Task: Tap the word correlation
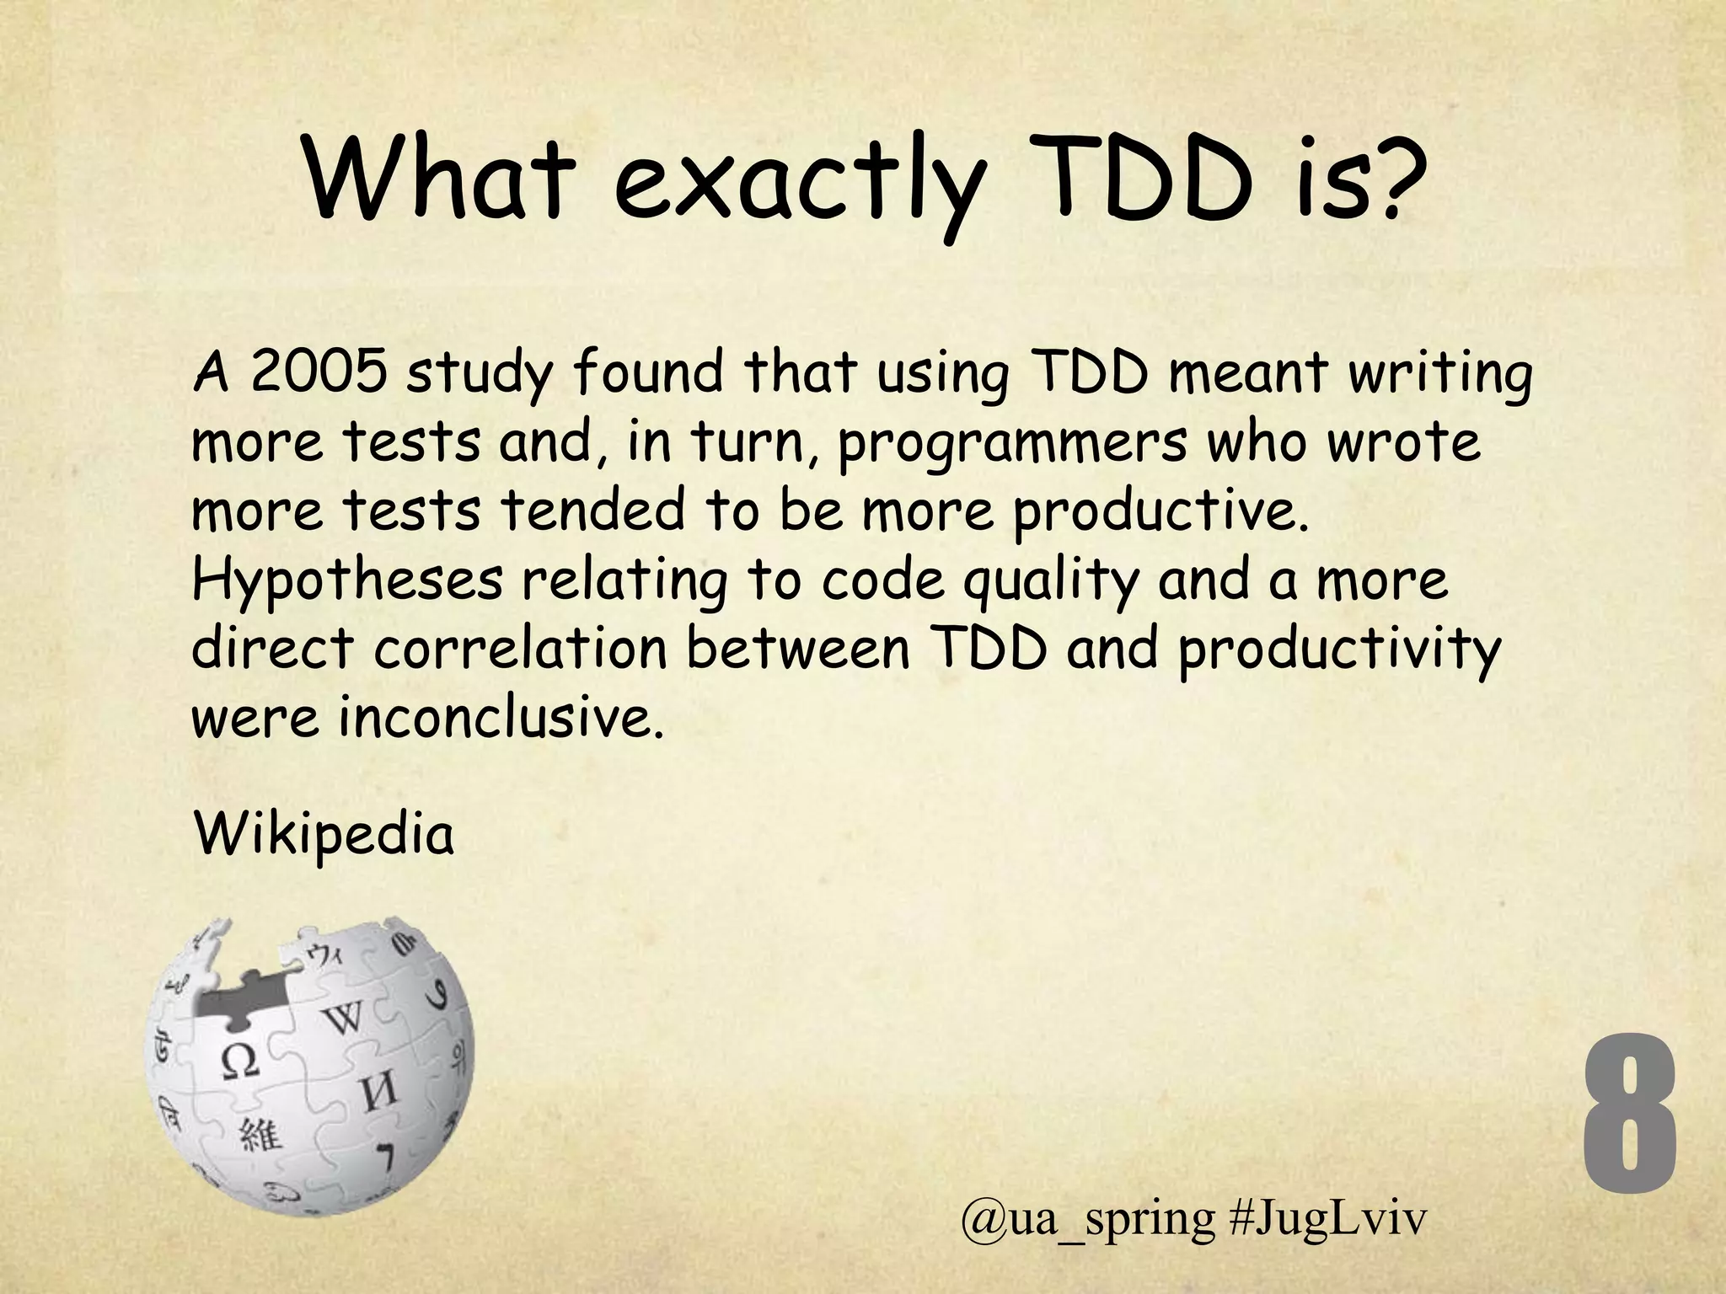(520, 650)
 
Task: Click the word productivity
(1339, 651)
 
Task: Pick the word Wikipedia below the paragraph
(324, 835)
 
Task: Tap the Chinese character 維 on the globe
(260, 1136)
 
